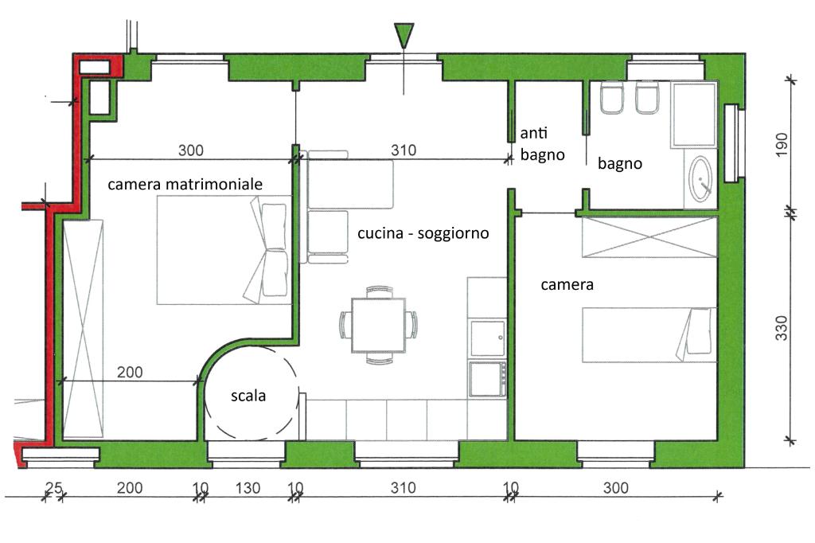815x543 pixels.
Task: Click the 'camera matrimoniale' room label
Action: (185, 184)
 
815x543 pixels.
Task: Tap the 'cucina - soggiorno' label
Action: (423, 233)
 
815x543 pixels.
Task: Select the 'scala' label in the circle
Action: (248, 396)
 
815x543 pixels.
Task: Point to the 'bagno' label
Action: (619, 164)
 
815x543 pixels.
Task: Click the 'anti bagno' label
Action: (542, 144)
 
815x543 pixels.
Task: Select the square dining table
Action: (378, 325)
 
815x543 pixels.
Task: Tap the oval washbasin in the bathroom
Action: (700, 179)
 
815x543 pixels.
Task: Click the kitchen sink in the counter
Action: (487, 338)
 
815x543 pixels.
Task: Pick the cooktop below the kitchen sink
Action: (487, 379)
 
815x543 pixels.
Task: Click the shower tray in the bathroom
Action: (694, 114)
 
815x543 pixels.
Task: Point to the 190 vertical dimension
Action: (782, 144)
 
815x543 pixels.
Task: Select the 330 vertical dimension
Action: (782, 328)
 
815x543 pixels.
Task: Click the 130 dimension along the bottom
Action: (248, 488)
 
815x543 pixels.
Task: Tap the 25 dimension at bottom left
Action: (53, 488)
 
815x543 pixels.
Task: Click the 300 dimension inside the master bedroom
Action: (191, 150)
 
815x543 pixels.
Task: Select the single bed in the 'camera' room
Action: (649, 334)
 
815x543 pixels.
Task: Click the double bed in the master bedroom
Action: (224, 250)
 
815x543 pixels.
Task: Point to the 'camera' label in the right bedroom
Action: (567, 284)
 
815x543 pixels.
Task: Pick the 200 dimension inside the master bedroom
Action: (130, 373)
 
